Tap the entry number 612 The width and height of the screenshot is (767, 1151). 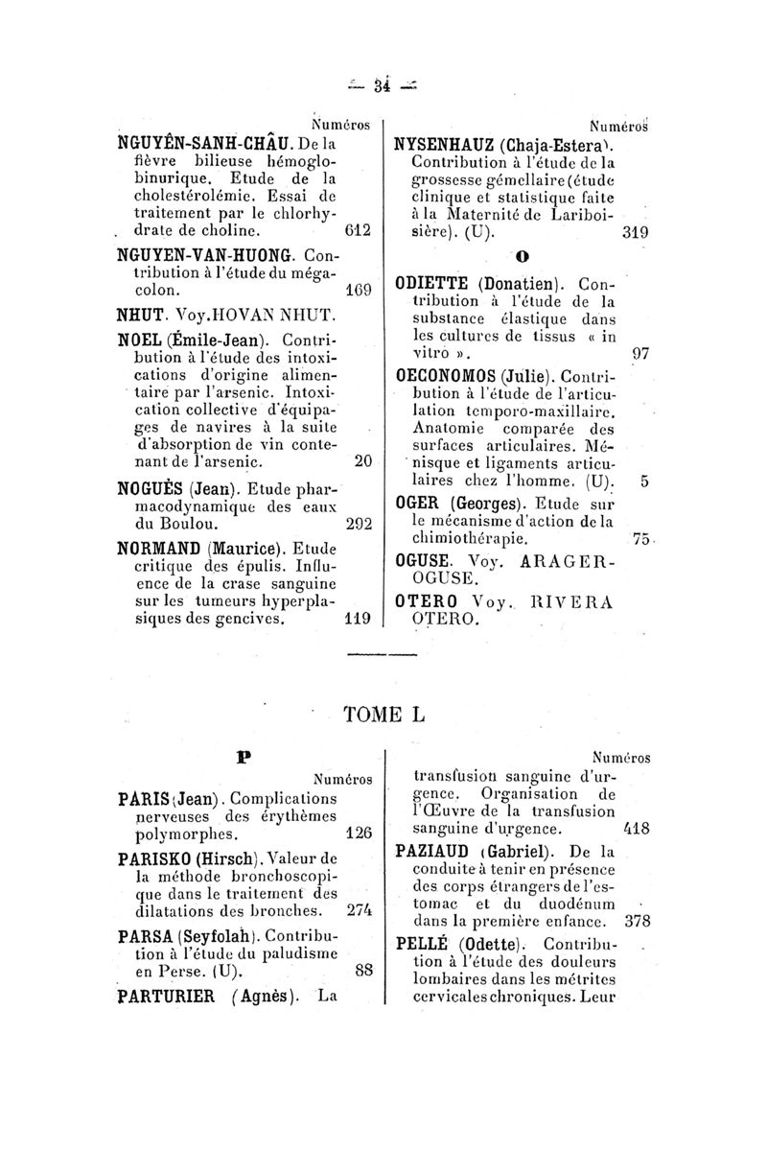click(360, 230)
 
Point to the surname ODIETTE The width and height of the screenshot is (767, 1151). click(432, 284)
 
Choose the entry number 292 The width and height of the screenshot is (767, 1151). click(359, 525)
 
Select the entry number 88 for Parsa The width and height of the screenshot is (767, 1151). click(362, 970)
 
